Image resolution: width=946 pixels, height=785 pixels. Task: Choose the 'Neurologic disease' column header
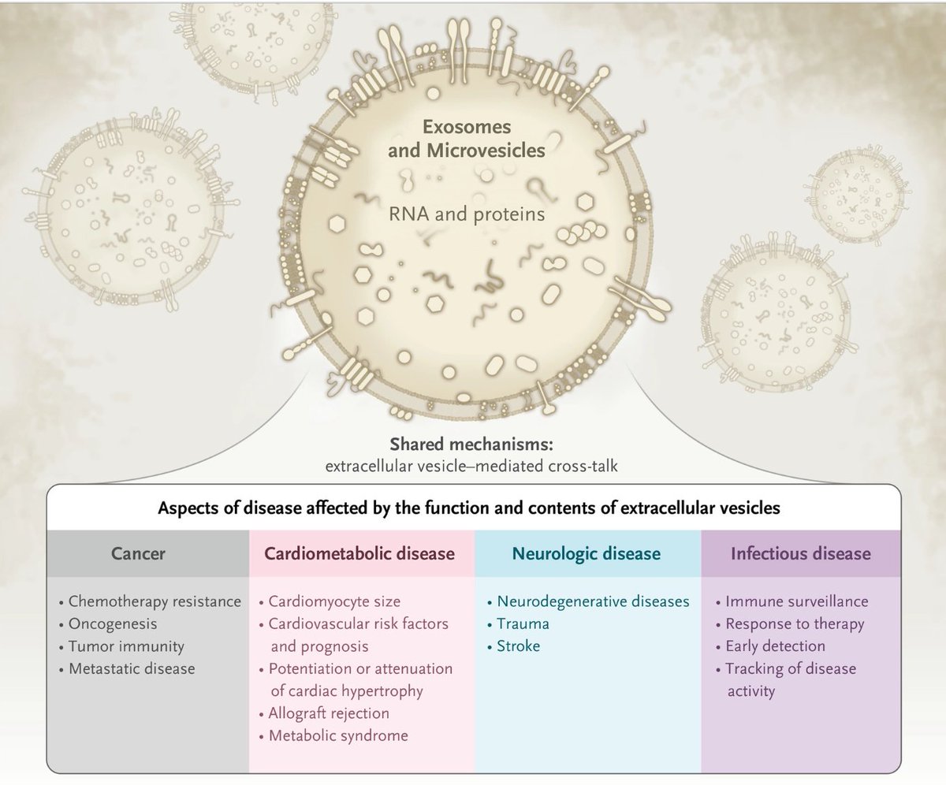click(587, 553)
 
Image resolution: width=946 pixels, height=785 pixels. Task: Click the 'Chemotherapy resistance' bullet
click(155, 601)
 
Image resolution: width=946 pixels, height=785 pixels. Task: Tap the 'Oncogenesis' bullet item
click(113, 623)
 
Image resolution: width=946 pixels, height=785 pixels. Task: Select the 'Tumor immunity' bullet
click(126, 646)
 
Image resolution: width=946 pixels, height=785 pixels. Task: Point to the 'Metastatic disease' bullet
click(132, 668)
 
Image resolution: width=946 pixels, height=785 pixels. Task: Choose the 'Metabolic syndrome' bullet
click(338, 736)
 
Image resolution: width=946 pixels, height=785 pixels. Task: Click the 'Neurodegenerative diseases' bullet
click(593, 601)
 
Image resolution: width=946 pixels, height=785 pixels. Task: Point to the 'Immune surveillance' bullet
click(796, 601)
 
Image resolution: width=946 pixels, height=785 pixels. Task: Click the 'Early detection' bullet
click(775, 646)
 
